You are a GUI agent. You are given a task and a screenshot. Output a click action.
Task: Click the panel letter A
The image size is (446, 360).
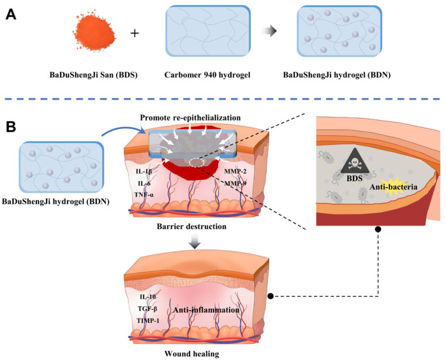[11, 15]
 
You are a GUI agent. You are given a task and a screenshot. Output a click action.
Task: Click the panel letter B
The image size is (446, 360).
[11, 127]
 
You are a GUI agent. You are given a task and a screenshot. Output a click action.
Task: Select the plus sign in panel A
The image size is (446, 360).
[135, 33]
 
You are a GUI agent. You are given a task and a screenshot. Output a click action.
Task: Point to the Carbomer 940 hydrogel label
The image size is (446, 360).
[207, 75]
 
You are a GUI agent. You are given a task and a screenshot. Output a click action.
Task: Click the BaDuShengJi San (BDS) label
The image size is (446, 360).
[94, 75]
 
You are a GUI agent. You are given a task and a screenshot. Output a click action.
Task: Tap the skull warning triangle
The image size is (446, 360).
[355, 161]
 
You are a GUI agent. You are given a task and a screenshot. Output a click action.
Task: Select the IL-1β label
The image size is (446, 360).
[144, 171]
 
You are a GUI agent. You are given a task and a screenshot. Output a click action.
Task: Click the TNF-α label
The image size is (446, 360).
[144, 195]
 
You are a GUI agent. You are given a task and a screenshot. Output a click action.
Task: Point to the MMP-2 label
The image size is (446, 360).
[235, 171]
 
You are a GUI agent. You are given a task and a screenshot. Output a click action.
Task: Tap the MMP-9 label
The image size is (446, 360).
[235, 184]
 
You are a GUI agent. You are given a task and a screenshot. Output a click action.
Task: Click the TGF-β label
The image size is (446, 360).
[147, 308]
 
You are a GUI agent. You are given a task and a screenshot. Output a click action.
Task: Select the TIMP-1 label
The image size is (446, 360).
[148, 320]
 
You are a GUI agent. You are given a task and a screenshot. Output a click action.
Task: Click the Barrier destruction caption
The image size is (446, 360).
[191, 227]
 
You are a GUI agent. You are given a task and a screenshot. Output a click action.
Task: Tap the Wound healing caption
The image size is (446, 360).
[191, 354]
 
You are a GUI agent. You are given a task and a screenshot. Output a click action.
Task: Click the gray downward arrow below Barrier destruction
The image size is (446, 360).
[195, 241]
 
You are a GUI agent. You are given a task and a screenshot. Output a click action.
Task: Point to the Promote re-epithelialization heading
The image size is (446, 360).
[190, 117]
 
